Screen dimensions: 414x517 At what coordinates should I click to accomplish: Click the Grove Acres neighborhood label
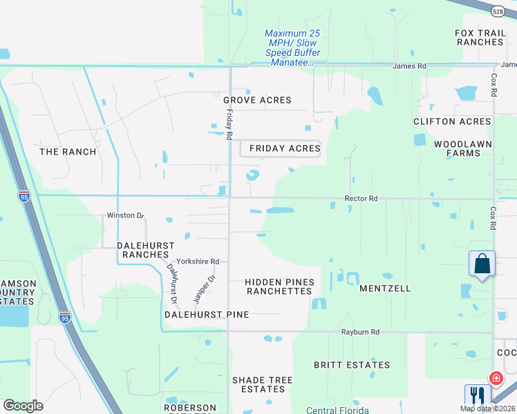pos(257,100)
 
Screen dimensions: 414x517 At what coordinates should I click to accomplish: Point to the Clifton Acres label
pos(452,121)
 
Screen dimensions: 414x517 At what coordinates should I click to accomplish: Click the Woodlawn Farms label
pos(463,148)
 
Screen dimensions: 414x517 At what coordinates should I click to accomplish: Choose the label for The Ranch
pos(68,151)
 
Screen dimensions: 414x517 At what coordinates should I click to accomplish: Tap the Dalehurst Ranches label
pos(145,250)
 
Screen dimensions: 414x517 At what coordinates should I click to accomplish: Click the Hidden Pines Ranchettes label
pos(280,286)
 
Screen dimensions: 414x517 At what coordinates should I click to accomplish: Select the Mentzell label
pos(385,288)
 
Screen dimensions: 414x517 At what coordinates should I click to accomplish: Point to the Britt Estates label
pos(352,365)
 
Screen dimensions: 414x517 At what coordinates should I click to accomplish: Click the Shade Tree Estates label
pos(262,384)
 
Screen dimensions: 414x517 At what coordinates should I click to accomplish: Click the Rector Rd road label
pos(361,199)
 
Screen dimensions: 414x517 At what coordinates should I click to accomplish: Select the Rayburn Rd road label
pos(360,332)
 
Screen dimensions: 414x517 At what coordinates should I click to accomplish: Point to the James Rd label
pos(409,66)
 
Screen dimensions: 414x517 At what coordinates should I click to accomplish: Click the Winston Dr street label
pos(125,215)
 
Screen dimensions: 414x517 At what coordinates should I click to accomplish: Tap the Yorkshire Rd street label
pos(198,262)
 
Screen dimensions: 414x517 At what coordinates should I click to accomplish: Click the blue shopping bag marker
pos(482,264)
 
